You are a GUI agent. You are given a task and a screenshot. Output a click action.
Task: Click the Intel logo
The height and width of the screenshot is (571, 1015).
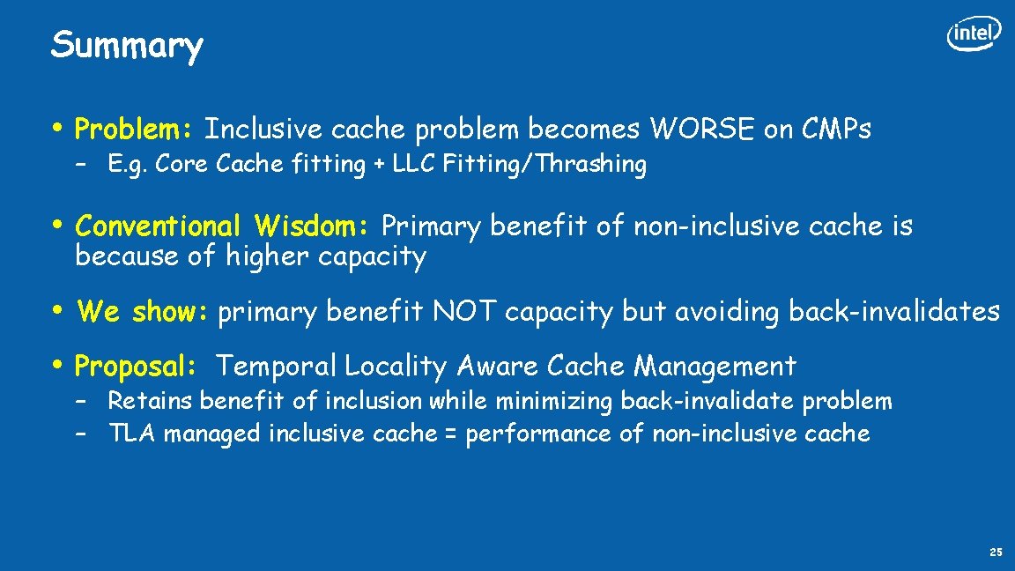tap(974, 34)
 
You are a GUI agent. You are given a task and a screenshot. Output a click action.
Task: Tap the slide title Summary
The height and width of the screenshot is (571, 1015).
tap(127, 45)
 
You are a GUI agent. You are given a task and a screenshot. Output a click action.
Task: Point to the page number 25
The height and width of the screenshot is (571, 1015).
tap(996, 552)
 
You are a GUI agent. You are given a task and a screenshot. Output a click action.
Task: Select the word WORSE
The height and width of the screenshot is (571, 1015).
tap(702, 130)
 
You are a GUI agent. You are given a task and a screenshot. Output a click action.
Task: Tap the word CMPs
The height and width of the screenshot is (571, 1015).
tap(837, 130)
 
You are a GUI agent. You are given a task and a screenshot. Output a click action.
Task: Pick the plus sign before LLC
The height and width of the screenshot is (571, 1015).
tap(378, 165)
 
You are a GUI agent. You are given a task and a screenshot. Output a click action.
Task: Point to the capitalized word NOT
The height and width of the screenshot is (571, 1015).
tap(463, 311)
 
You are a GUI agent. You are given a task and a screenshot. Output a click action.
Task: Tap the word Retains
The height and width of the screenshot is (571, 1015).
tap(150, 401)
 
